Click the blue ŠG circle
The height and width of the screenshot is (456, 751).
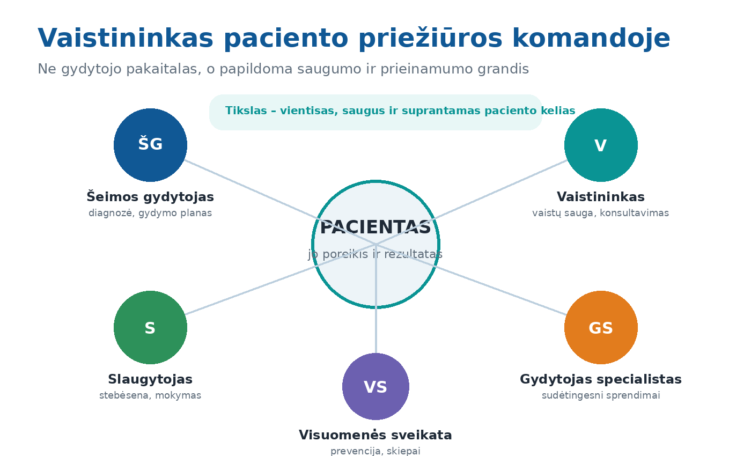(x=150, y=145)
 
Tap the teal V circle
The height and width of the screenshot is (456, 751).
(x=601, y=145)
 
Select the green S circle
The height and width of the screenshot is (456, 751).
(x=150, y=327)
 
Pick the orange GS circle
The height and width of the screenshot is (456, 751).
(x=601, y=327)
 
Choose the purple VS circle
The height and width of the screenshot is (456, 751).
(x=376, y=386)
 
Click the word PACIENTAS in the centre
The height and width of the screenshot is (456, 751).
(x=376, y=227)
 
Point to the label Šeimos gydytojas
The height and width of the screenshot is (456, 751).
(x=150, y=196)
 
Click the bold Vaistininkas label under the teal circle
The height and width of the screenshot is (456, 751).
(x=601, y=197)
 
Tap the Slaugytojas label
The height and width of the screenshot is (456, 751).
(x=150, y=379)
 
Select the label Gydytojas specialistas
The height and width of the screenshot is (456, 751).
(x=601, y=379)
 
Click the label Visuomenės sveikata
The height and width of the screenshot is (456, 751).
(x=376, y=435)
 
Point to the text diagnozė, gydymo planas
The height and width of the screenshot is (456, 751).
(x=150, y=214)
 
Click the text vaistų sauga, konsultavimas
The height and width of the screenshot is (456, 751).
(x=600, y=214)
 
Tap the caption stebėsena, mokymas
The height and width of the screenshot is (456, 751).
(x=150, y=395)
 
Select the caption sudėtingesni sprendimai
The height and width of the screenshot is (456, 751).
(x=601, y=396)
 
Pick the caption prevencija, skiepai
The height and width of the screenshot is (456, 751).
(x=376, y=451)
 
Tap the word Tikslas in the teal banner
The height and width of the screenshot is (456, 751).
(x=246, y=111)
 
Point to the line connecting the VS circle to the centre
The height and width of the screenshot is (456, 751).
(x=376, y=298)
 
